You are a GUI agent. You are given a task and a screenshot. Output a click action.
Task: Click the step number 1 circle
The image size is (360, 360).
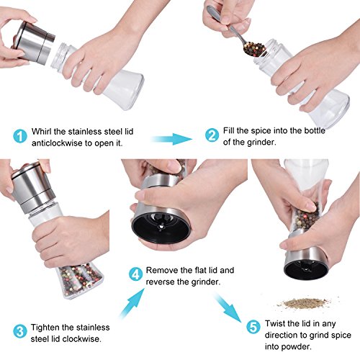click(20, 136)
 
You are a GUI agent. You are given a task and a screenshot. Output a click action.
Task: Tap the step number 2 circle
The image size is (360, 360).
click(212, 135)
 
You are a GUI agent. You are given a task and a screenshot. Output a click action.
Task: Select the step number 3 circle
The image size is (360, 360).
click(20, 331)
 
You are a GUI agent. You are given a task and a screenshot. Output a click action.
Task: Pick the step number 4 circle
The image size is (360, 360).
click(135, 274)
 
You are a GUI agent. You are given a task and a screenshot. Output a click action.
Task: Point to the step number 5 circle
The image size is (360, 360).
click(253, 327)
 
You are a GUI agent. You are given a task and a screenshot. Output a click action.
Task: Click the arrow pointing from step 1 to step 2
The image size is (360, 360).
click(171, 139)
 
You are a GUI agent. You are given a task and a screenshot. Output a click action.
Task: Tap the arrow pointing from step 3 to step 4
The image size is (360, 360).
click(132, 303)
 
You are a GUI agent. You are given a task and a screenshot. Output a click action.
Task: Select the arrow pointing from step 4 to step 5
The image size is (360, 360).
click(228, 307)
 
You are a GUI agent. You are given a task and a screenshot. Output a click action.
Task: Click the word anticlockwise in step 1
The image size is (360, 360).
click(58, 143)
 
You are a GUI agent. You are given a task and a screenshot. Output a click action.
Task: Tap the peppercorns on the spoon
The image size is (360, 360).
click(254, 49)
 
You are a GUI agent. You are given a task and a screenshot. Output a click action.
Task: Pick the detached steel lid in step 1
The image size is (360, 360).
click(34, 43)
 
